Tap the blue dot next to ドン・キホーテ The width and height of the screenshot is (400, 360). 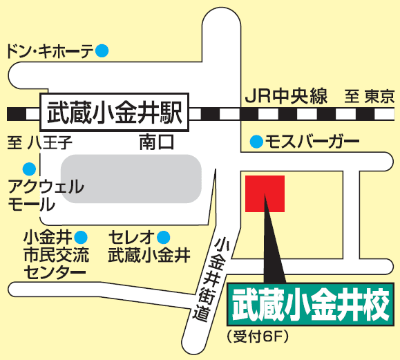(102, 50)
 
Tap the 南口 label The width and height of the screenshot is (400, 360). (155, 143)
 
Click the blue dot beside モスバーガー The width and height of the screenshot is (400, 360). (256, 142)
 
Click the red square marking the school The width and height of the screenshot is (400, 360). (265, 193)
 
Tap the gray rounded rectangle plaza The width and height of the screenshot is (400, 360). (131, 178)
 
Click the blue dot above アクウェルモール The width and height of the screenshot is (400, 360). (28, 168)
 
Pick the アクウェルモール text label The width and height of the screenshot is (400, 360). (46, 195)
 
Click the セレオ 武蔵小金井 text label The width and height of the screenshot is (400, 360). (149, 246)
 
